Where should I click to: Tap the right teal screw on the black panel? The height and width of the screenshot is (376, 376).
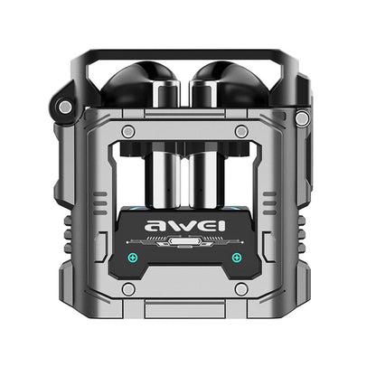[237, 258]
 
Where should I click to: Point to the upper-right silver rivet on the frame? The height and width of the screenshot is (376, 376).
[241, 132]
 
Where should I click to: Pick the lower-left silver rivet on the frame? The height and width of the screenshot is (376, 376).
[129, 288]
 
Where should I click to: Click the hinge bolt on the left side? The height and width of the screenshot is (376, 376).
[65, 108]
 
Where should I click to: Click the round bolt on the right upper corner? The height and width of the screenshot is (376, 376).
[302, 118]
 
